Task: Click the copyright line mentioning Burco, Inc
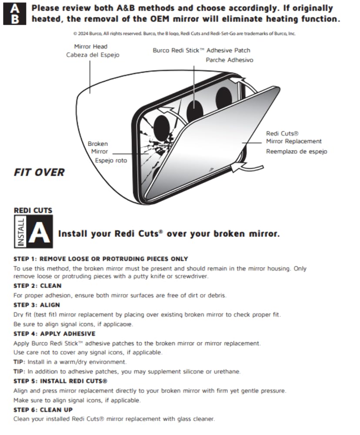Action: (184, 33)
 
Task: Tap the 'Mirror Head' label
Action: (90, 47)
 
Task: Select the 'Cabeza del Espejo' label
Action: (93, 55)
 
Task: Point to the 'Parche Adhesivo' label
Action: (229, 60)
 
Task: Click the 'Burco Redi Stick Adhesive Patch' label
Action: (201, 50)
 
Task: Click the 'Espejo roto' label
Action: (111, 161)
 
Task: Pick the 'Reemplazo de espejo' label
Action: (297, 151)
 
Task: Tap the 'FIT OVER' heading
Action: (39, 173)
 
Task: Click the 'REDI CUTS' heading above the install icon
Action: (33, 211)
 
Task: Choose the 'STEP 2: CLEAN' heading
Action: (37, 286)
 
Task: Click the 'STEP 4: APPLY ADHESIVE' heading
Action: (54, 334)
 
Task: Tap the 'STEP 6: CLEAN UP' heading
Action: (43, 410)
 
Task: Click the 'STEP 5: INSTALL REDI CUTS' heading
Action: (60, 381)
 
